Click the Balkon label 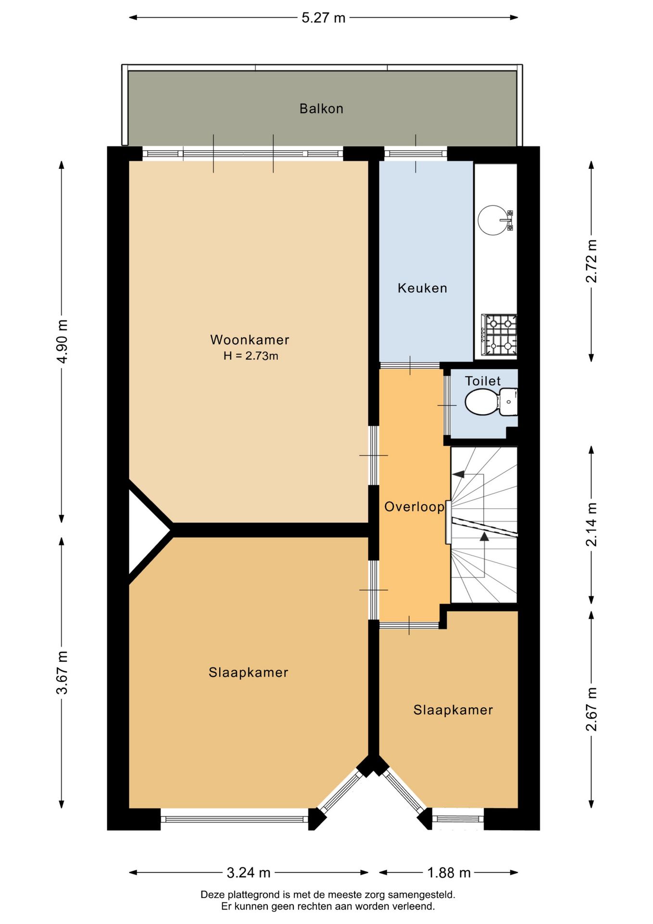(321, 109)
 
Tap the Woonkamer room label (250, 340)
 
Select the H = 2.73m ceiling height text (251, 356)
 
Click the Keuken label (422, 288)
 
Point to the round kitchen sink (493, 220)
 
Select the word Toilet (483, 381)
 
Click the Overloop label (414, 507)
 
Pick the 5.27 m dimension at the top (324, 18)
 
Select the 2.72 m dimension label (591, 261)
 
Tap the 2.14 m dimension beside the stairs (591, 525)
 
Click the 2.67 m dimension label (591, 709)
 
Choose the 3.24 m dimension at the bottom (249, 873)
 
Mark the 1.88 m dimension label (449, 873)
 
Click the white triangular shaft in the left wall (144, 530)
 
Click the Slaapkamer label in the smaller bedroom (453, 710)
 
